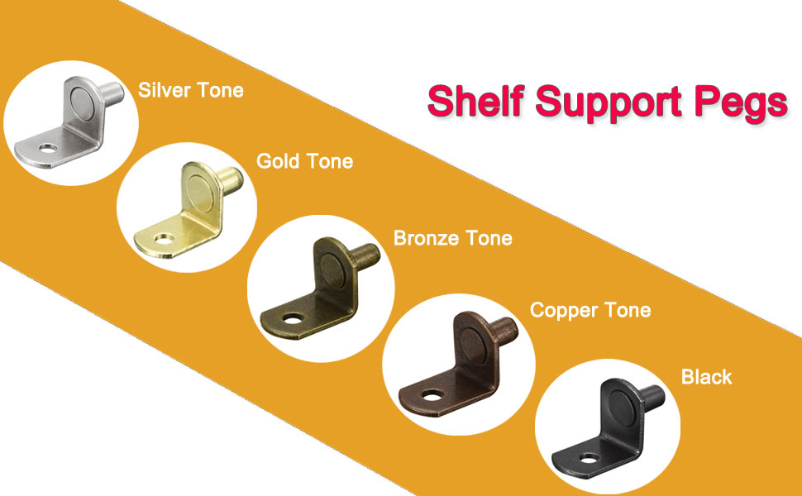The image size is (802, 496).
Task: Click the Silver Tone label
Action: click(x=191, y=89)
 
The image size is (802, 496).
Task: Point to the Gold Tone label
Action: click(x=304, y=160)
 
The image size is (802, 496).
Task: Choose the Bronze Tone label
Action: click(x=452, y=238)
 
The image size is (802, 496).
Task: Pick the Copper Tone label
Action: click(x=590, y=311)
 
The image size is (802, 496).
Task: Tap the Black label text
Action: click(x=706, y=377)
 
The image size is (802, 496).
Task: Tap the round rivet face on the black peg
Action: click(x=624, y=410)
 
